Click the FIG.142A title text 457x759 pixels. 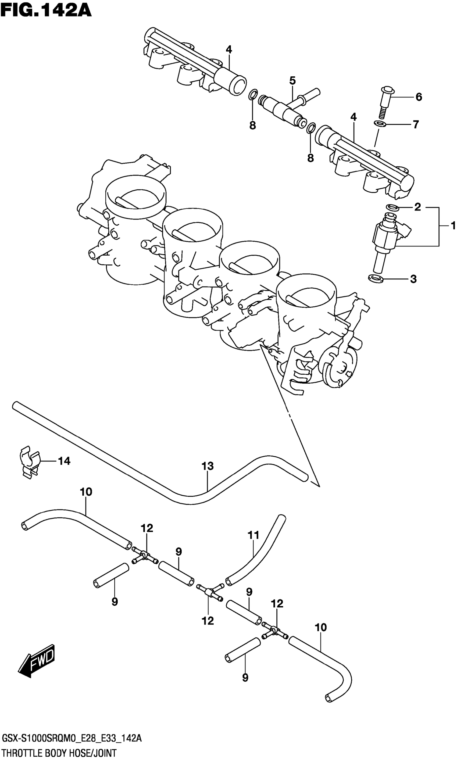[x=46, y=10]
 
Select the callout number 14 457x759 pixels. [x=64, y=461]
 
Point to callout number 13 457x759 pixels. [x=208, y=466]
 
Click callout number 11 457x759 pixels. [x=254, y=535]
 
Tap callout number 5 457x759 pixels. [x=292, y=81]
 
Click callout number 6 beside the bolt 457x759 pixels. [x=419, y=97]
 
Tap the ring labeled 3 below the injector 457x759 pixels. [x=376, y=278]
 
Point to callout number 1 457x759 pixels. [x=453, y=226]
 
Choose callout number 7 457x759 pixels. [x=416, y=125]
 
